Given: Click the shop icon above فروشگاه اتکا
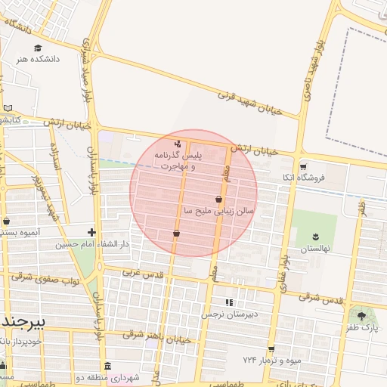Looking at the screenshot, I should coord(303,167).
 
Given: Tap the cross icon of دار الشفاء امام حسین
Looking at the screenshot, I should coord(91,232).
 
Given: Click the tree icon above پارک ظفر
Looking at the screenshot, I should coord(361,316).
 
